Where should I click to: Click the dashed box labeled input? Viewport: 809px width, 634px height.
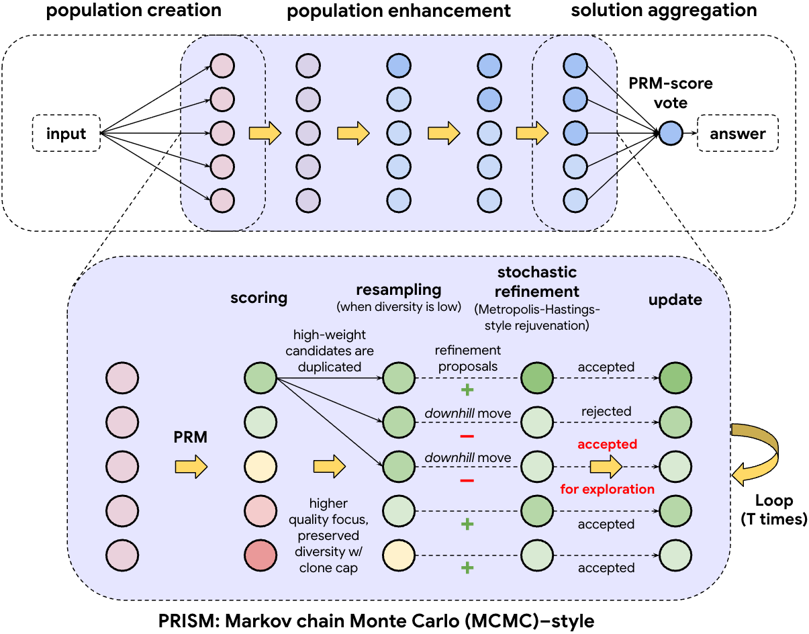(x=66, y=133)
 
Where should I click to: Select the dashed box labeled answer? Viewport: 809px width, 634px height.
(x=738, y=133)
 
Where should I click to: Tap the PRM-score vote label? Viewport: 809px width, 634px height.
(x=670, y=93)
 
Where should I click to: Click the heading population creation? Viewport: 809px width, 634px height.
(x=133, y=10)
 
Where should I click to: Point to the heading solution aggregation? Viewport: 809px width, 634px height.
(x=663, y=10)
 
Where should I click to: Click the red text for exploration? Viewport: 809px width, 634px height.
(x=607, y=489)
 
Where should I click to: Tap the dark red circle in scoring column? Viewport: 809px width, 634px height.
(x=260, y=553)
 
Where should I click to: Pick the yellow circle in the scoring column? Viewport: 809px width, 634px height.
(x=260, y=465)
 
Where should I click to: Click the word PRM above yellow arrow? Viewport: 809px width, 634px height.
(x=190, y=438)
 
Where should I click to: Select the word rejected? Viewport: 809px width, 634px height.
(x=606, y=411)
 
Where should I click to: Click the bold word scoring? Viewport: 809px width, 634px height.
(x=258, y=298)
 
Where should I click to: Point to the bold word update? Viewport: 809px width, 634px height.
(x=675, y=300)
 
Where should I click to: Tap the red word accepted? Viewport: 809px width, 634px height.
(x=607, y=444)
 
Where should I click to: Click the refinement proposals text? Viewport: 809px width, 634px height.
(x=467, y=358)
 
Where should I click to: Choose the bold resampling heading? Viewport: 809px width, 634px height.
(x=398, y=289)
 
